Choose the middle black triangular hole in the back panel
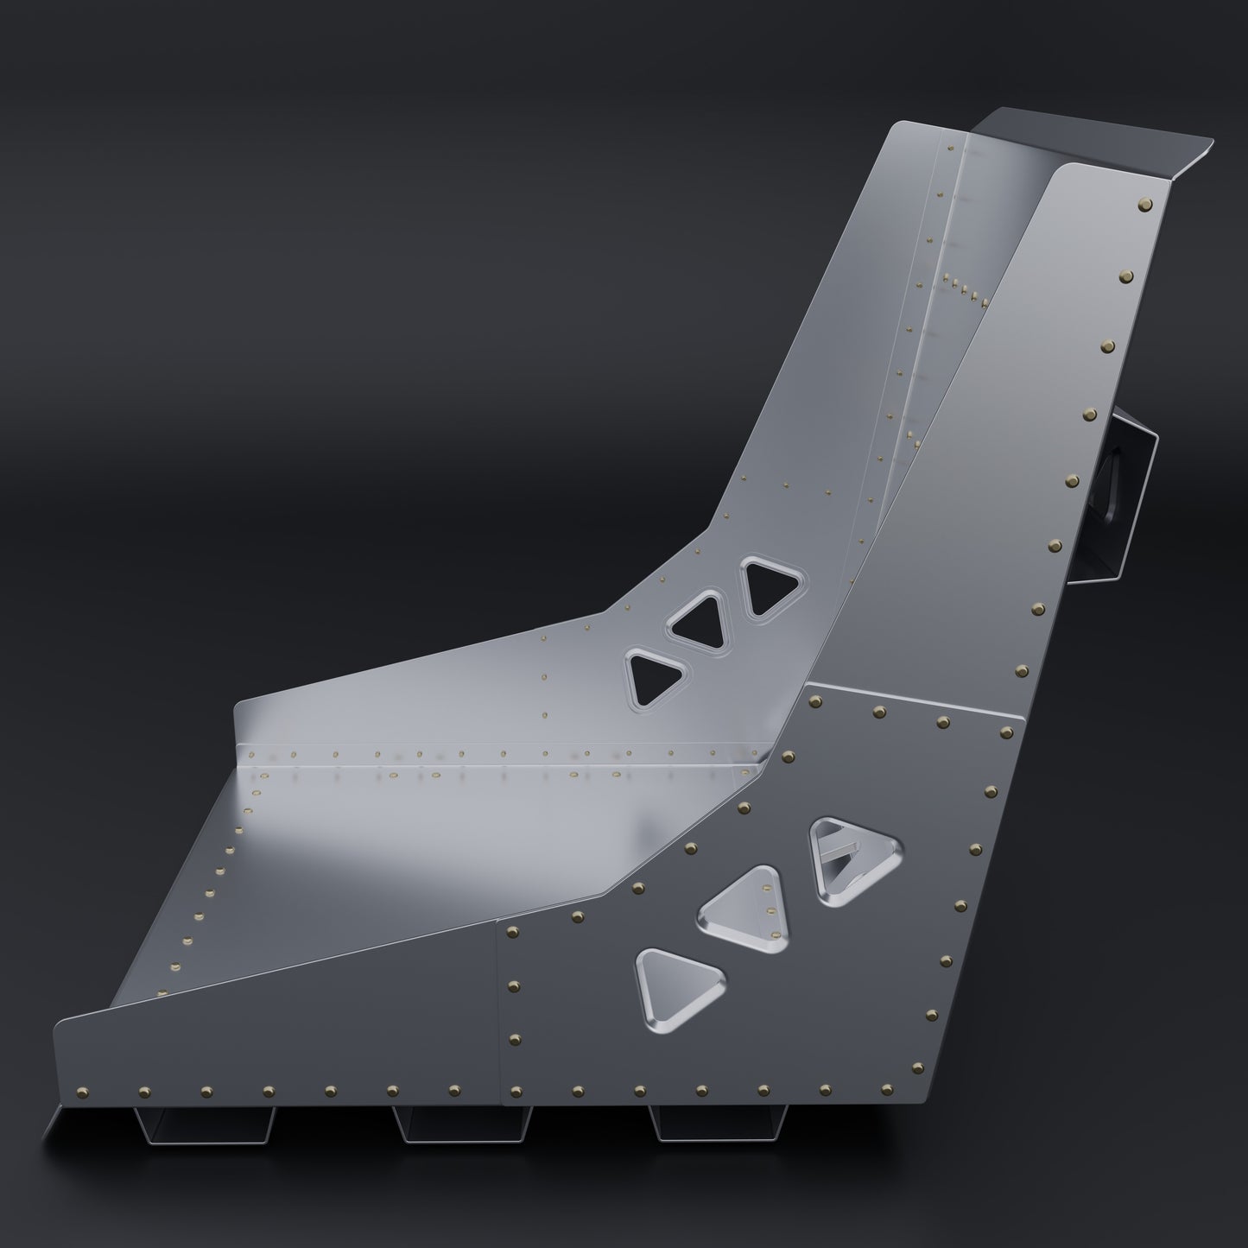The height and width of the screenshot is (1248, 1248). tap(699, 620)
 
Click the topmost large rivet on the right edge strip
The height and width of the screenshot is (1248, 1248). tap(1146, 205)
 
